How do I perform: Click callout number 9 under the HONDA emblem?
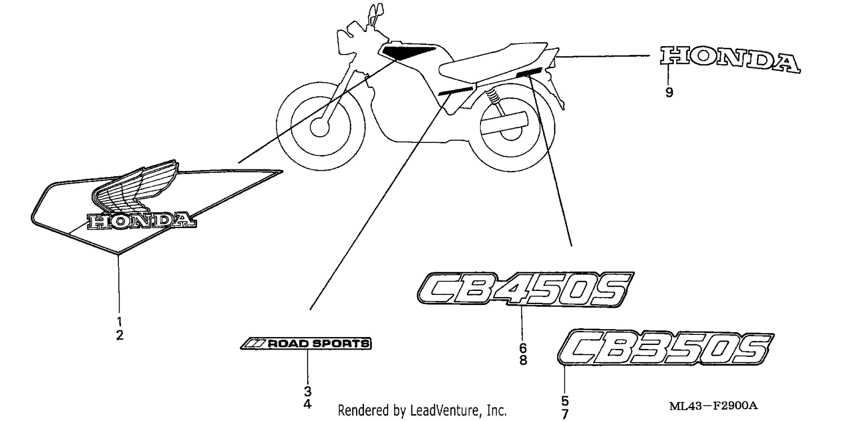[x=669, y=92]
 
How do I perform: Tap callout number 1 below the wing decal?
[x=119, y=321]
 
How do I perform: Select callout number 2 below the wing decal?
[x=119, y=335]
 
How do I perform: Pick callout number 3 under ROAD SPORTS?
[x=308, y=391]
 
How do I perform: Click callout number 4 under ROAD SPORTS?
[x=308, y=405]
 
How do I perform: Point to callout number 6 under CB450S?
[x=523, y=347]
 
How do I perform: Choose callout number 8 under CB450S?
[x=523, y=360]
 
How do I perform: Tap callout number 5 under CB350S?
[x=564, y=401]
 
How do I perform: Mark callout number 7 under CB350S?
[x=564, y=414]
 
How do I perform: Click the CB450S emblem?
[x=526, y=289]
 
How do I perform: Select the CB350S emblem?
[x=666, y=347]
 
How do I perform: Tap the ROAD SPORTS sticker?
[x=306, y=343]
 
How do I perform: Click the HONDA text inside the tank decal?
[x=142, y=221]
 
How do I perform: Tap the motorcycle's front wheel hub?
[x=320, y=127]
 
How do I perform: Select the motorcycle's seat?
[x=494, y=64]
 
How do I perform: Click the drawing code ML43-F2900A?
[x=713, y=406]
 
